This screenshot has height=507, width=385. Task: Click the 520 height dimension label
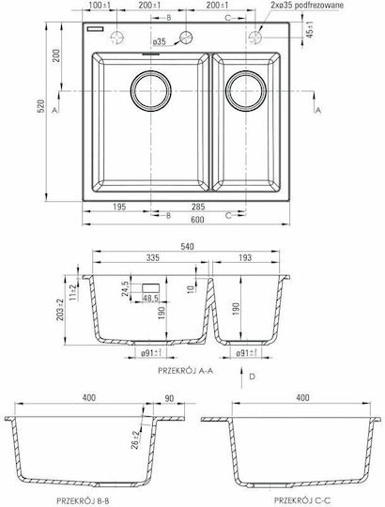tap(40, 106)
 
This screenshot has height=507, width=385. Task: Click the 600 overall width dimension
tap(197, 220)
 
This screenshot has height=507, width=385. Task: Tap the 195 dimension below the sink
tap(119, 207)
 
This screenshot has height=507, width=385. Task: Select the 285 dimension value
tap(198, 207)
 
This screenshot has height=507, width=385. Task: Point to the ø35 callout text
tap(159, 41)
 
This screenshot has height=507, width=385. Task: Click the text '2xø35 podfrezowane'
tap(307, 6)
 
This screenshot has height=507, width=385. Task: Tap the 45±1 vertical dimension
tap(310, 29)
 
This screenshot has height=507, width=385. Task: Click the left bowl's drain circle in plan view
tap(150, 91)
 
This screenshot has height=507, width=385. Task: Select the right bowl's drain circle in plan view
tap(246, 91)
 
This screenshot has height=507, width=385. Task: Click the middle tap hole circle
tap(186, 38)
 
